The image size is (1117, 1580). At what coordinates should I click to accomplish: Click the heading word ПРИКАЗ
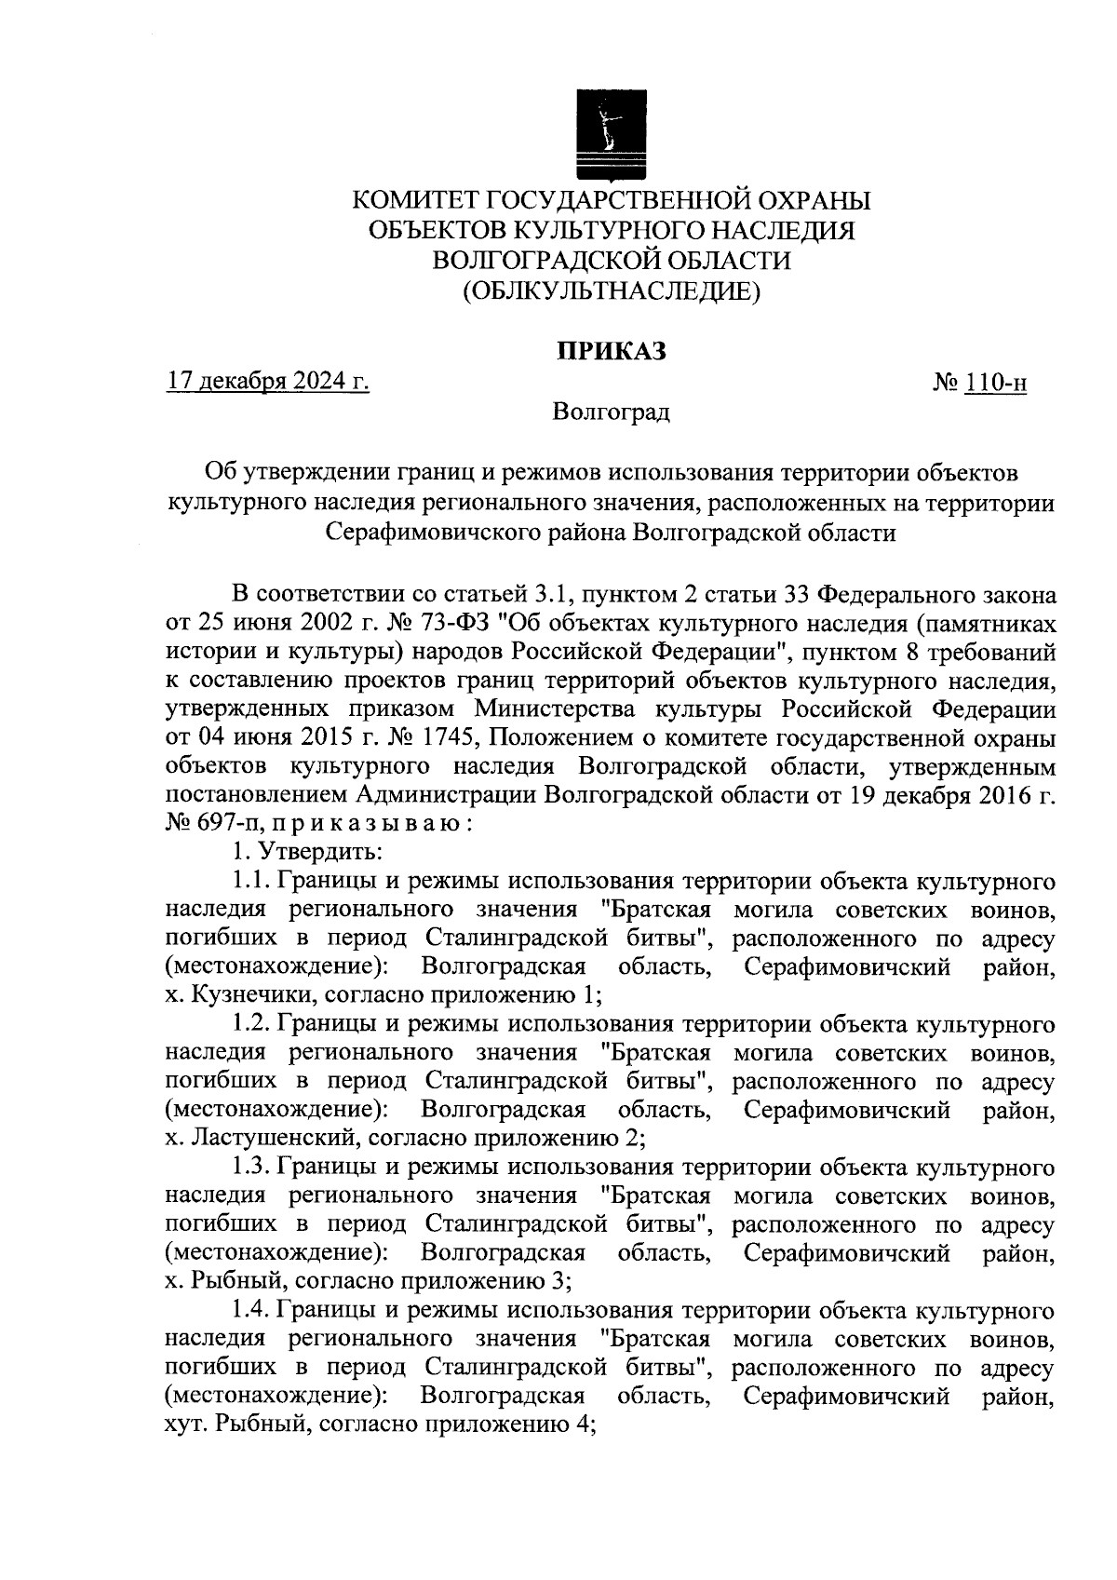(612, 351)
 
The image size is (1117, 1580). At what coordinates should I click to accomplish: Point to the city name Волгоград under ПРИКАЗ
(611, 412)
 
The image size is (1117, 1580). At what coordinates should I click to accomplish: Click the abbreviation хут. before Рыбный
(185, 1425)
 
